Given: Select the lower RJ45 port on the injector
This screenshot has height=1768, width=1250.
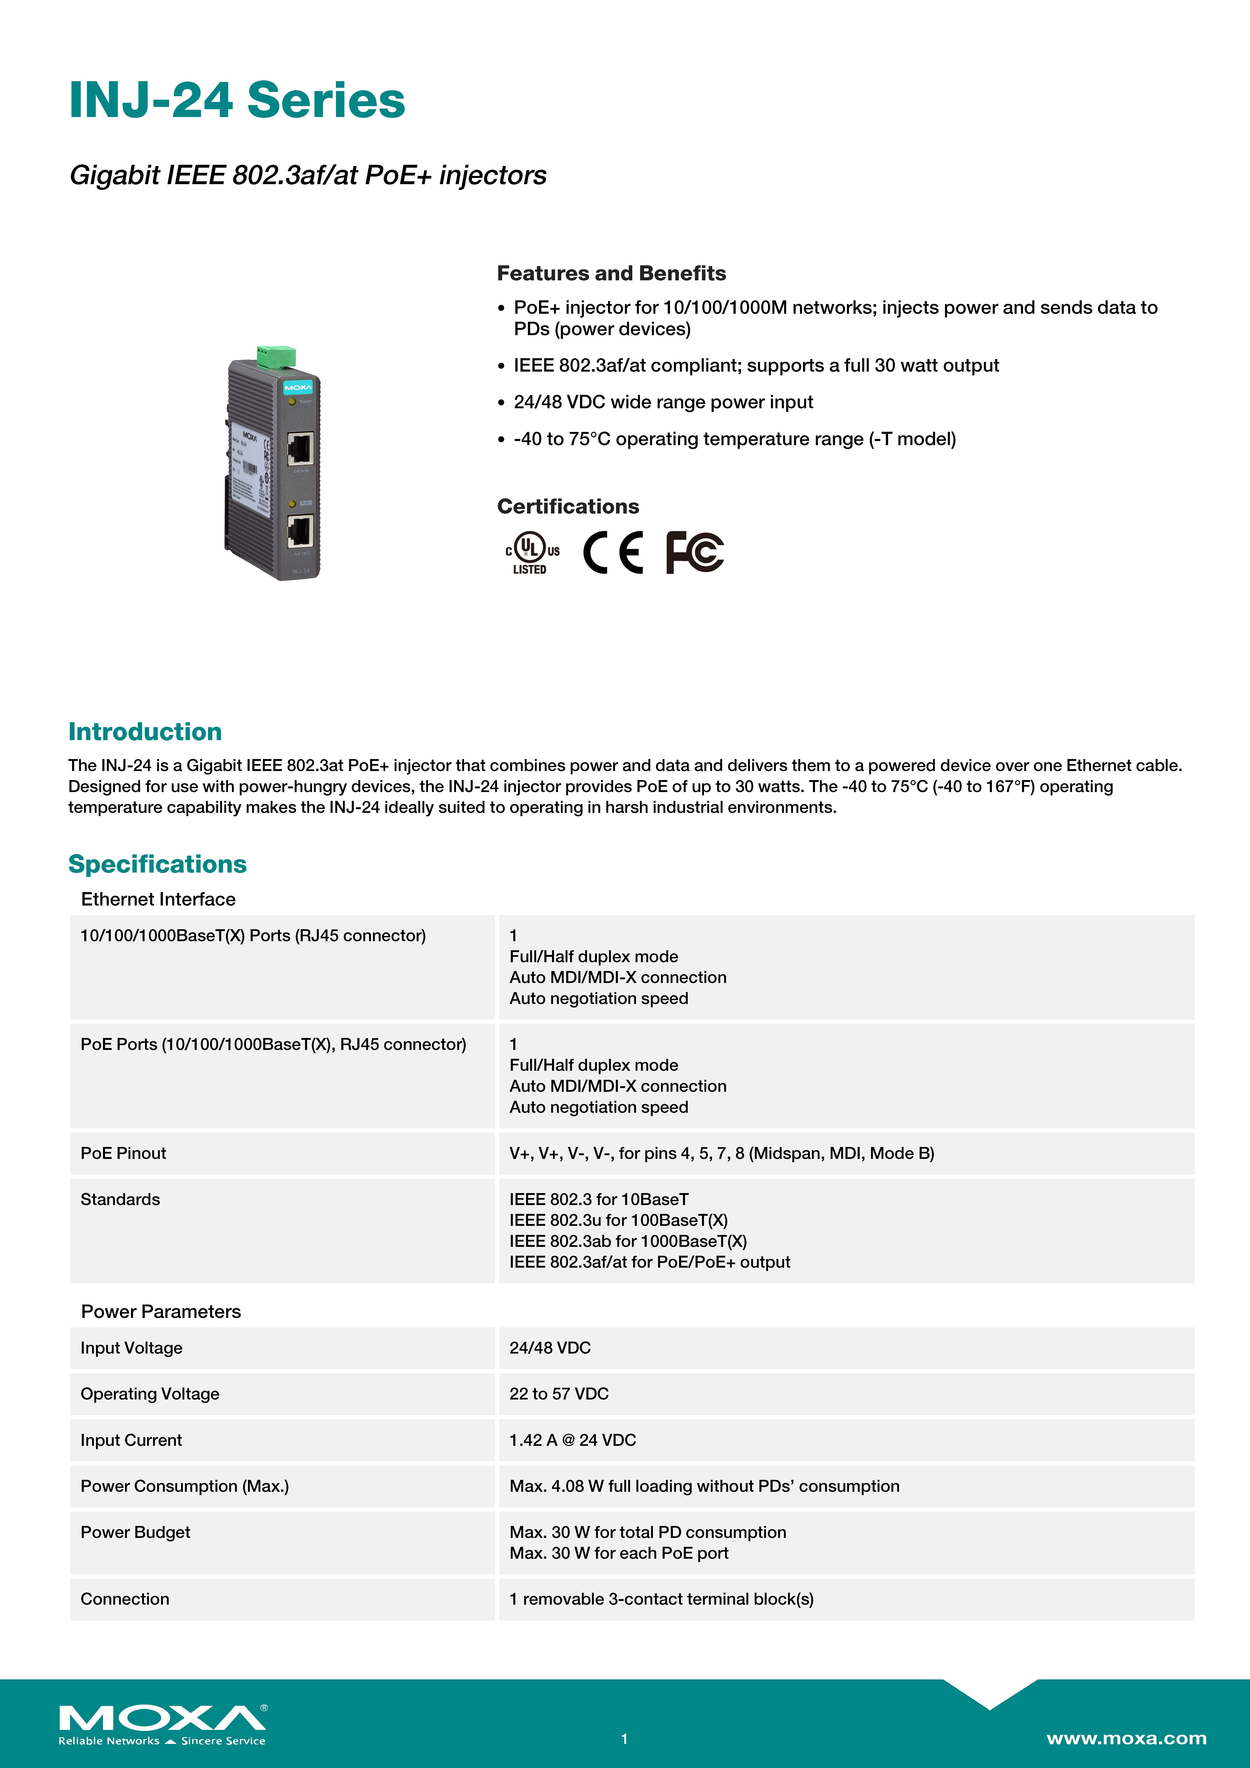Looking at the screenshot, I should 300,531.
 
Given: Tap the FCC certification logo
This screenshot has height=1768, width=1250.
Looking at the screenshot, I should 695,552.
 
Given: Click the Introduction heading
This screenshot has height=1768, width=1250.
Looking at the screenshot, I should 145,731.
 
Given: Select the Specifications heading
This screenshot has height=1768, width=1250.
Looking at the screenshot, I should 157,864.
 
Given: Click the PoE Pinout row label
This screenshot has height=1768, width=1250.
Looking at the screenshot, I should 123,1153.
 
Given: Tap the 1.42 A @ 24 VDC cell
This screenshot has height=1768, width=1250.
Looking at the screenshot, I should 572,1440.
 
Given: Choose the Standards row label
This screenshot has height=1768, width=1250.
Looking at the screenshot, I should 120,1199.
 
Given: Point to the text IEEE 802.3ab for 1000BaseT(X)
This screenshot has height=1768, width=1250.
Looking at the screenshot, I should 628,1241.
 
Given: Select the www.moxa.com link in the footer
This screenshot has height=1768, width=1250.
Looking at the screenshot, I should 1126,1738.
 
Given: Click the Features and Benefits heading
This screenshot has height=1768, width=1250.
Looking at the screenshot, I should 611,273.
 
